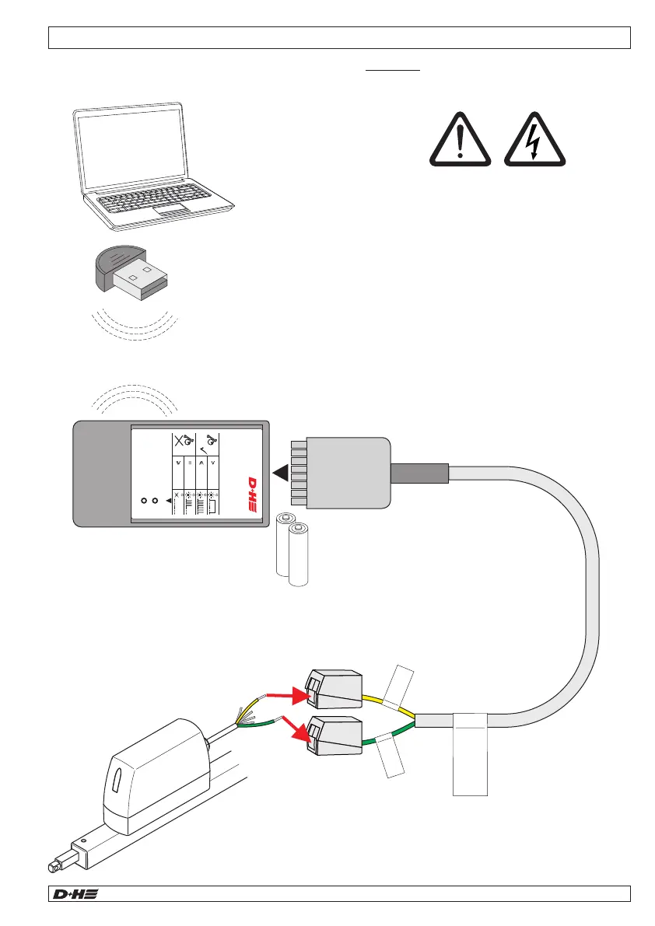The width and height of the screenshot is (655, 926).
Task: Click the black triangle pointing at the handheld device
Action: coord(281,473)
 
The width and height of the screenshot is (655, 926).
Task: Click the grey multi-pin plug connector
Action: coord(347,473)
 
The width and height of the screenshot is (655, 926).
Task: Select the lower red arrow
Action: coord(292,724)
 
